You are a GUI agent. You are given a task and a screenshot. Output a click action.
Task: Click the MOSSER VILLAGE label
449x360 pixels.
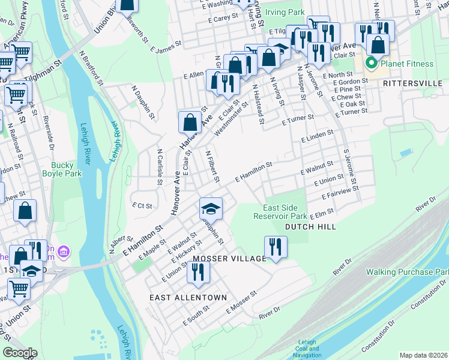pyautogui.click(x=229, y=258)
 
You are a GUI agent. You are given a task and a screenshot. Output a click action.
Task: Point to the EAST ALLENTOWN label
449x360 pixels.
pyautogui.click(x=188, y=298)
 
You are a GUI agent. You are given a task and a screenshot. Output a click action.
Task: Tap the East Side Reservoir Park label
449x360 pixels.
pyautogui.click(x=280, y=211)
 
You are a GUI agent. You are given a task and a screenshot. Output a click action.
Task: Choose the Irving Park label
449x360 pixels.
pyautogui.click(x=285, y=13)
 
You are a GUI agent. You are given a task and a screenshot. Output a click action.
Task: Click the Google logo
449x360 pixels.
pyautogui.click(x=20, y=353)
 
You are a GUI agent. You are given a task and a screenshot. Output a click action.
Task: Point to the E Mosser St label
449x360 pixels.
pyautogui.click(x=241, y=302)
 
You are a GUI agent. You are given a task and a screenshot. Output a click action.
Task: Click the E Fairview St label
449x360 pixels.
pyautogui.click(x=340, y=193)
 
